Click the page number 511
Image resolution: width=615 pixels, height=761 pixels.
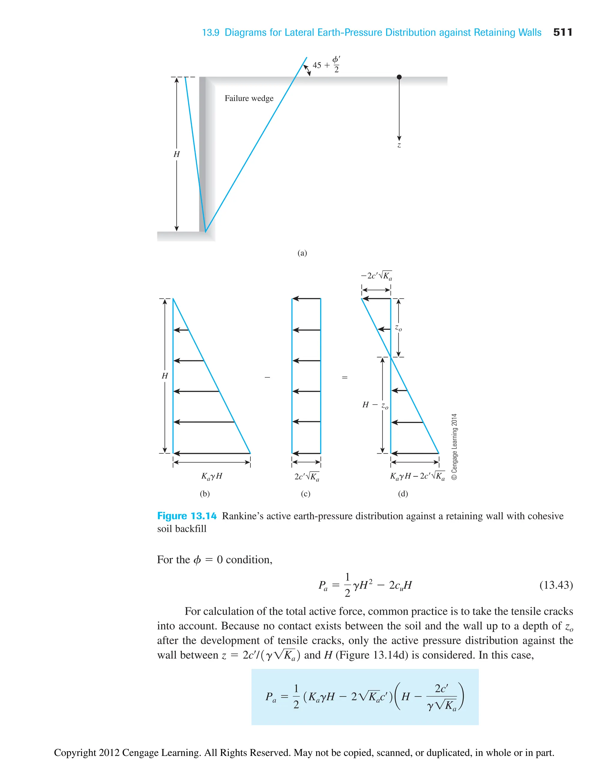(x=562, y=32)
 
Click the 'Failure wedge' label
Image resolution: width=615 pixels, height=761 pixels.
(x=249, y=98)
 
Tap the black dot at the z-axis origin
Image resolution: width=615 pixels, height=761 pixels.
(x=399, y=77)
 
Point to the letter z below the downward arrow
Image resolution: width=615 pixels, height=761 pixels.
(x=399, y=145)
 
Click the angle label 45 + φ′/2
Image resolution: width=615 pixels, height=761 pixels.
(x=326, y=65)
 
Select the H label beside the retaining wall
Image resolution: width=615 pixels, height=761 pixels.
(x=177, y=154)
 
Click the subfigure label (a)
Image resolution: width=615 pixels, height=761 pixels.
(x=302, y=253)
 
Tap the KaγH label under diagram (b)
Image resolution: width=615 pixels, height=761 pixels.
(x=211, y=476)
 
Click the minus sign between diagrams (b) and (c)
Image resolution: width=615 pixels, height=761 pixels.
(x=267, y=377)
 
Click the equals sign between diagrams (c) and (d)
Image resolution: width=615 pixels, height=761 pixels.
(x=344, y=377)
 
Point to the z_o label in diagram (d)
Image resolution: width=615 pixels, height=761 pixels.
(x=398, y=328)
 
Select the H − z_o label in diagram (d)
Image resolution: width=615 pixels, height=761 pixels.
(x=375, y=405)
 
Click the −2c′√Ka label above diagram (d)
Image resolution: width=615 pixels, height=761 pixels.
(x=376, y=276)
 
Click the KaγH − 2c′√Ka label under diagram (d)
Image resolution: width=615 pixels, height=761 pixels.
(x=417, y=476)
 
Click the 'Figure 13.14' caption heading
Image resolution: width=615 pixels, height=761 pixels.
(x=187, y=516)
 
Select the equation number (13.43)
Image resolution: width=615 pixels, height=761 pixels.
(x=556, y=585)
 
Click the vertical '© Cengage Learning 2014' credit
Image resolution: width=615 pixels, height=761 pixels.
(x=454, y=447)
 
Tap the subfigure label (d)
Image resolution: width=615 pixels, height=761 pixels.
(x=403, y=494)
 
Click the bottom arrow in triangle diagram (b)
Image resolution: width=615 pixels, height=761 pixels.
(x=211, y=453)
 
